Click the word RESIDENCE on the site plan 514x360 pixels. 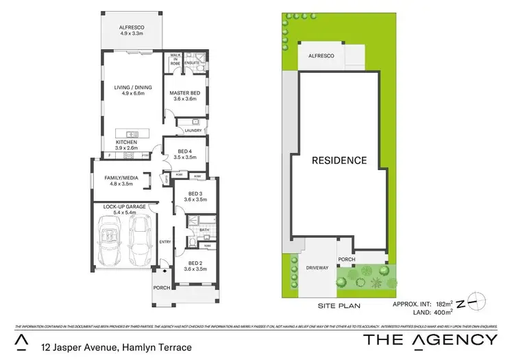tap(339, 160)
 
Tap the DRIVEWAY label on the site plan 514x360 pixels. tap(317, 267)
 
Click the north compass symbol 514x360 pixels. tap(474, 302)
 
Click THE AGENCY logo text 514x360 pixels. tap(430, 339)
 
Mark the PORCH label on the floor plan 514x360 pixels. tap(162, 288)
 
